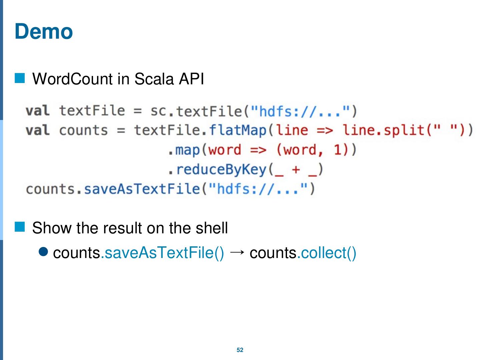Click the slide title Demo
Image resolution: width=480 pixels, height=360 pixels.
click(x=44, y=31)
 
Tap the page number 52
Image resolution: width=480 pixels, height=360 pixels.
click(x=240, y=350)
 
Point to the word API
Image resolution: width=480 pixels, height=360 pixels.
click(x=191, y=79)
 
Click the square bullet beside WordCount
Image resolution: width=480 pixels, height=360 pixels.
click(x=20, y=78)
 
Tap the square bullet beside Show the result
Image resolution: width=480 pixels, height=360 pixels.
click(x=20, y=227)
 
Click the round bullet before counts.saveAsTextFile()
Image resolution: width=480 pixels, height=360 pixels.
click(x=44, y=252)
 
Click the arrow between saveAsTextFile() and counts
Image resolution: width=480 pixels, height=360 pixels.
click(x=237, y=252)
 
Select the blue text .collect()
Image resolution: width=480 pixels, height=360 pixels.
click(x=327, y=253)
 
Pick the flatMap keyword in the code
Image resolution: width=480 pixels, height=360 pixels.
click(x=238, y=130)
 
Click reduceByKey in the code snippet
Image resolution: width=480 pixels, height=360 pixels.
click(x=221, y=170)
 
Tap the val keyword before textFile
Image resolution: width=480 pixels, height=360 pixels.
click(x=37, y=111)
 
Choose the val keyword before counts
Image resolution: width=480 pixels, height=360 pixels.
click(x=37, y=130)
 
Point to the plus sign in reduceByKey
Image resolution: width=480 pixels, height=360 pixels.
click(x=295, y=170)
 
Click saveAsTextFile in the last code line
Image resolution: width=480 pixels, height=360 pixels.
click(x=142, y=189)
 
